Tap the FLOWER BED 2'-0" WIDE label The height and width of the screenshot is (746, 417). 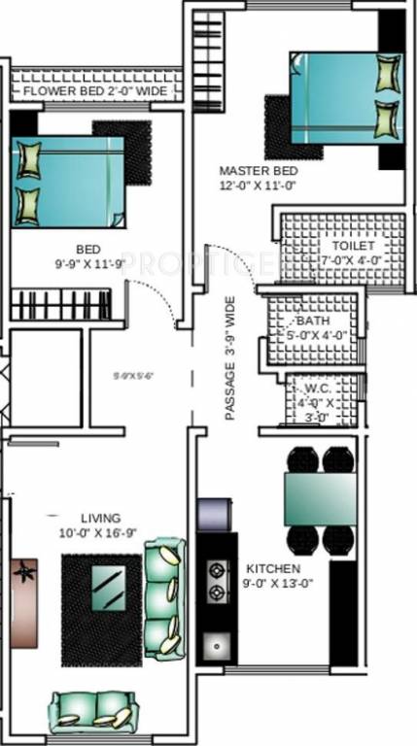[x=94, y=91]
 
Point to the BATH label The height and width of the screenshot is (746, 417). [x=313, y=321]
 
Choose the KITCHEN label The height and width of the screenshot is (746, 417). [x=272, y=568]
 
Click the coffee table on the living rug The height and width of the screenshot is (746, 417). [x=107, y=586]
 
